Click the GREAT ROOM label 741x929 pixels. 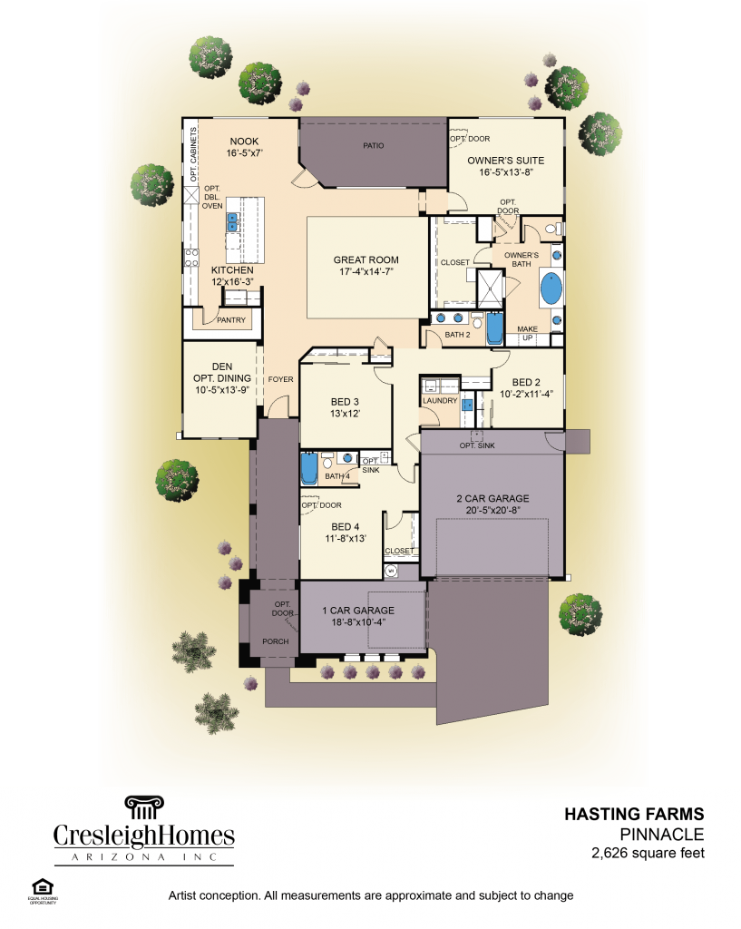[366, 260]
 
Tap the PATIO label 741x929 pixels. [373, 145]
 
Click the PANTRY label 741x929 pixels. [230, 320]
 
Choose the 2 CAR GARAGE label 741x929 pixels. [492, 499]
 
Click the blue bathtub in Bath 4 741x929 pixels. [308, 470]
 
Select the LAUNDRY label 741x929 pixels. [439, 400]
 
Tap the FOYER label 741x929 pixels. [280, 379]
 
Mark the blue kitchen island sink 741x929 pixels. [233, 220]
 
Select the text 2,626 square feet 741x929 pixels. [648, 853]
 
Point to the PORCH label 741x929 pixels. [275, 641]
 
